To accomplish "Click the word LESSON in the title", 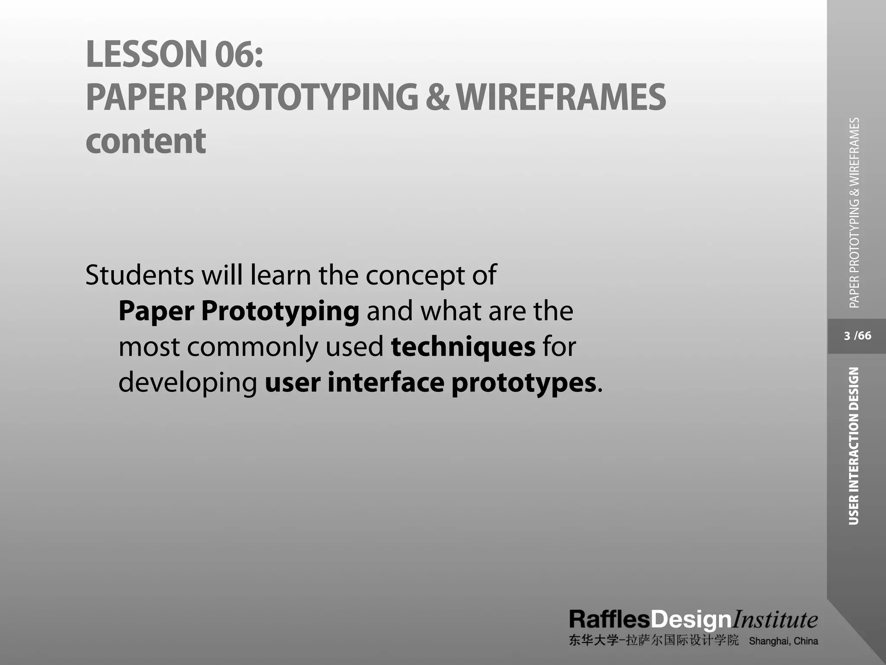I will [x=147, y=54].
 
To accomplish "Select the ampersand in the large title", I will [x=437, y=97].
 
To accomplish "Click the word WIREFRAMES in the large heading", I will [x=561, y=97].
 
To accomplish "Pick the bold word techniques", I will [x=463, y=347].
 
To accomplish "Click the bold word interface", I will [x=385, y=383].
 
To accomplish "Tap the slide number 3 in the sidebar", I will [x=847, y=336].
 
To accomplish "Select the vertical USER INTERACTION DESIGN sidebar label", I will [x=854, y=446].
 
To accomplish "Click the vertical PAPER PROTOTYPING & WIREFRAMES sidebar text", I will [x=854, y=213].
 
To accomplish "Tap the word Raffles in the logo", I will [x=609, y=620].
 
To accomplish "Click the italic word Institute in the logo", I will [x=774, y=620].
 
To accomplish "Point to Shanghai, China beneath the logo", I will [x=783, y=641].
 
